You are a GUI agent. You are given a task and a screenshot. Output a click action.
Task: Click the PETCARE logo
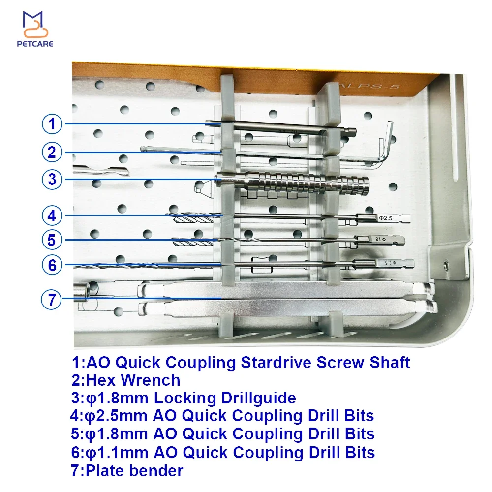(35, 29)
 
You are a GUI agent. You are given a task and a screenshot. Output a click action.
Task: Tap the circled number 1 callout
(52, 124)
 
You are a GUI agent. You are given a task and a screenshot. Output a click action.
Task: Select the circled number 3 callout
(52, 180)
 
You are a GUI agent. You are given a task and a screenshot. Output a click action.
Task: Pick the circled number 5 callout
(52, 240)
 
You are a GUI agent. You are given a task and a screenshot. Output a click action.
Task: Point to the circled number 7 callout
(52, 299)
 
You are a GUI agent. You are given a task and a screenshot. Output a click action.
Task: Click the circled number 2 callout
(52, 152)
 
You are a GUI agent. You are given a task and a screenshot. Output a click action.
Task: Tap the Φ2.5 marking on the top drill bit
(386, 218)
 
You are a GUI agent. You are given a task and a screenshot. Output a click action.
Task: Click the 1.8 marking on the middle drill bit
(380, 240)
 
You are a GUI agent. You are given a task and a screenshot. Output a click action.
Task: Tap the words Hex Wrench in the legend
(133, 380)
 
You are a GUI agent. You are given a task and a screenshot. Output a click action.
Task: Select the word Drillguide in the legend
(259, 398)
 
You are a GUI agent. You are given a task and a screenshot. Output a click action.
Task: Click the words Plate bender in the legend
(134, 471)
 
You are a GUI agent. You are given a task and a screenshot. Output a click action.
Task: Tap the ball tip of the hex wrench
(143, 149)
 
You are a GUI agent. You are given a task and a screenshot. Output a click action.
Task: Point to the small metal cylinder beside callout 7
(82, 292)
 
